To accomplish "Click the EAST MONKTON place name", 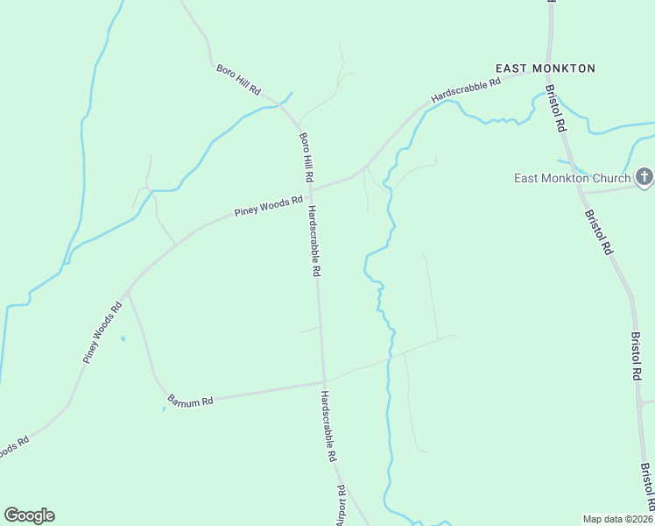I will point(545,68).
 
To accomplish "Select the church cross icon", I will point(644,178).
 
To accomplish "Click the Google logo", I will point(29,515).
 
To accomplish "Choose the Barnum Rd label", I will point(190,402).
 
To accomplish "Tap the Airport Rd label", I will point(342,506).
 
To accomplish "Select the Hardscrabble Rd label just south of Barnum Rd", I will point(328,427).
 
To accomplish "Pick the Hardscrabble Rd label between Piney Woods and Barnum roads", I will point(313,241).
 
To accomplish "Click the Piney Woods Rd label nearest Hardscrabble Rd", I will point(268,207).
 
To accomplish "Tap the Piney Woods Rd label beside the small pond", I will point(102,333).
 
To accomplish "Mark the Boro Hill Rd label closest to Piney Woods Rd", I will point(306,157).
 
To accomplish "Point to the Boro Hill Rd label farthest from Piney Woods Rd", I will point(238,79).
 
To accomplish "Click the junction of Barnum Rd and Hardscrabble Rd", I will point(323,382).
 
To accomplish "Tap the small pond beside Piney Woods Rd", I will point(123,338).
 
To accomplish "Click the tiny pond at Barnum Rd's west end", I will point(164,409).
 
